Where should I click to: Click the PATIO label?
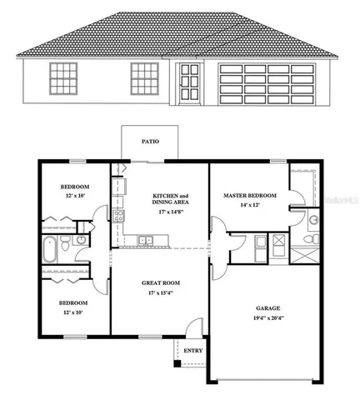tap(150, 142)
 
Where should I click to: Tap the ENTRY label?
tap(192, 351)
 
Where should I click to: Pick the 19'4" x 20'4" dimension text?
tap(267, 317)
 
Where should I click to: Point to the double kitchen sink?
tap(146, 242)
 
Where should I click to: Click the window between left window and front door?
tap(142, 80)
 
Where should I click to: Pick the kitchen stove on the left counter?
tap(118, 217)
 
